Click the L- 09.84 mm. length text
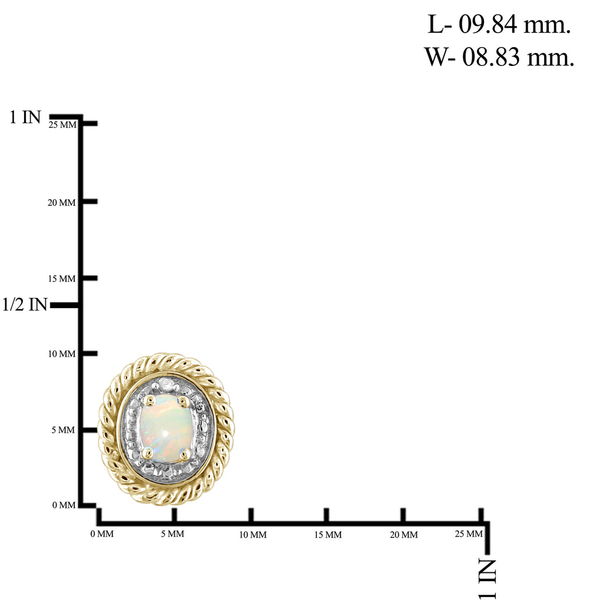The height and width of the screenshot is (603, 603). (499, 25)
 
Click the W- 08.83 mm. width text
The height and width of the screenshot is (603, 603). (499, 57)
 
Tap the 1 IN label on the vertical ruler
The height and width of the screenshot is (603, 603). (25, 117)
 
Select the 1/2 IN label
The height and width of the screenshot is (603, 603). (25, 304)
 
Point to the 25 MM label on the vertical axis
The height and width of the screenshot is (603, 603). (62, 125)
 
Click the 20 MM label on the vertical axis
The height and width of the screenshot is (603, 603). (62, 203)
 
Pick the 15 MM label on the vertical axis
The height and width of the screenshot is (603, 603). (62, 279)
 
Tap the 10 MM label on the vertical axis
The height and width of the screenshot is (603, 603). (62, 354)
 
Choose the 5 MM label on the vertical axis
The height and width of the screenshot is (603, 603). (64, 430)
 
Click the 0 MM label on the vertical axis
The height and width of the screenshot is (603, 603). (64, 505)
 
